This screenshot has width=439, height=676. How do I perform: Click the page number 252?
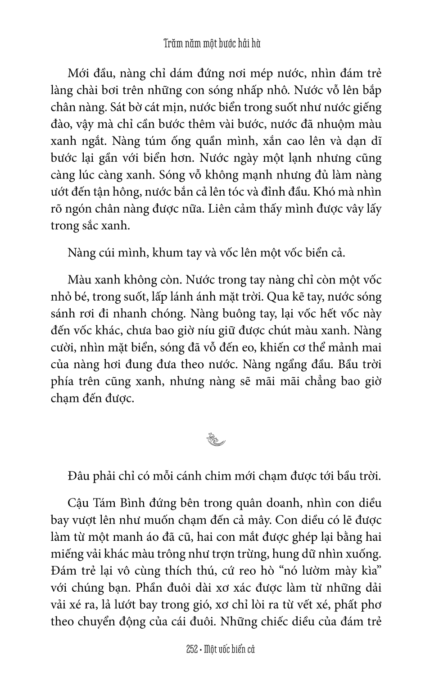[192, 649]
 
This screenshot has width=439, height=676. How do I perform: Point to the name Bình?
[135, 503]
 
